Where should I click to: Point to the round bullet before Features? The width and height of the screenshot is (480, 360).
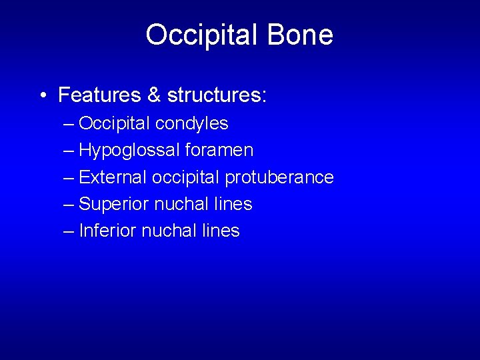pos(42,95)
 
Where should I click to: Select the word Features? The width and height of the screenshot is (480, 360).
pos(100,95)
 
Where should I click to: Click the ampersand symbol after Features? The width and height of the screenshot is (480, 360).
pos(154,95)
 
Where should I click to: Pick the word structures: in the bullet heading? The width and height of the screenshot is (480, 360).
pos(217,95)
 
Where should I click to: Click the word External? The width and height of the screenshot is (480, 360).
pos(113,177)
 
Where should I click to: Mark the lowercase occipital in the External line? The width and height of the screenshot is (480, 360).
pos(186,177)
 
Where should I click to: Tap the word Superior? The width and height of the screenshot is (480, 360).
pos(114,204)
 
